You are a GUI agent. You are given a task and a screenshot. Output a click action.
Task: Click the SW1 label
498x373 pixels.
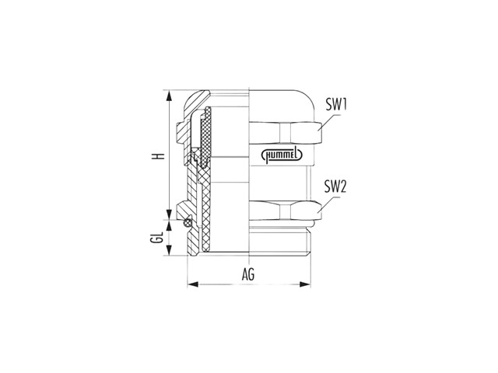[x=336, y=105]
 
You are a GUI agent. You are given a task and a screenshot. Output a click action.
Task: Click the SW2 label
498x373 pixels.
[x=335, y=186]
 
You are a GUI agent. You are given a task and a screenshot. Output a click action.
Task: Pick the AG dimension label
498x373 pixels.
[x=248, y=274]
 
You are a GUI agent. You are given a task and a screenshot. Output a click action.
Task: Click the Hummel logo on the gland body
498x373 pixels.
[x=282, y=155]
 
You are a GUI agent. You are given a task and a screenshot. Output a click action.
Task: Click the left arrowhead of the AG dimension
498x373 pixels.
[x=193, y=284]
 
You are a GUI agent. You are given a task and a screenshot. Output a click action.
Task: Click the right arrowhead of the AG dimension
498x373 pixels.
[x=305, y=284]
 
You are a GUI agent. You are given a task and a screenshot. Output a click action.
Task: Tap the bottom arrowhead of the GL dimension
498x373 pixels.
[x=170, y=250]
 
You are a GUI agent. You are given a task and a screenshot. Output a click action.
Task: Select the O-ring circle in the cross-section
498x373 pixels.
[x=188, y=223]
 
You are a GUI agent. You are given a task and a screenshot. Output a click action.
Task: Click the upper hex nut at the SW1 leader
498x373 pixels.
[x=286, y=132]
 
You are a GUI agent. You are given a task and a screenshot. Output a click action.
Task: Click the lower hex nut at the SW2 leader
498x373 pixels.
[x=286, y=211]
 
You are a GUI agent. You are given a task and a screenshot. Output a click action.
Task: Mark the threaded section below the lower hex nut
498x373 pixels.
[x=280, y=240]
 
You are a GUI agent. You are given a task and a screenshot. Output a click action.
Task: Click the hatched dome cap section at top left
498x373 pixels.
[x=195, y=101]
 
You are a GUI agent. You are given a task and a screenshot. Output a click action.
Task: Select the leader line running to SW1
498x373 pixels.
[x=329, y=121]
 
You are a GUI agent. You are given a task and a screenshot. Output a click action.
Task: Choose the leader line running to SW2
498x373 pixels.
[x=329, y=204]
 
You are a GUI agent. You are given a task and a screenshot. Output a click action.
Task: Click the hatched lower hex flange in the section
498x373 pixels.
[x=184, y=209]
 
